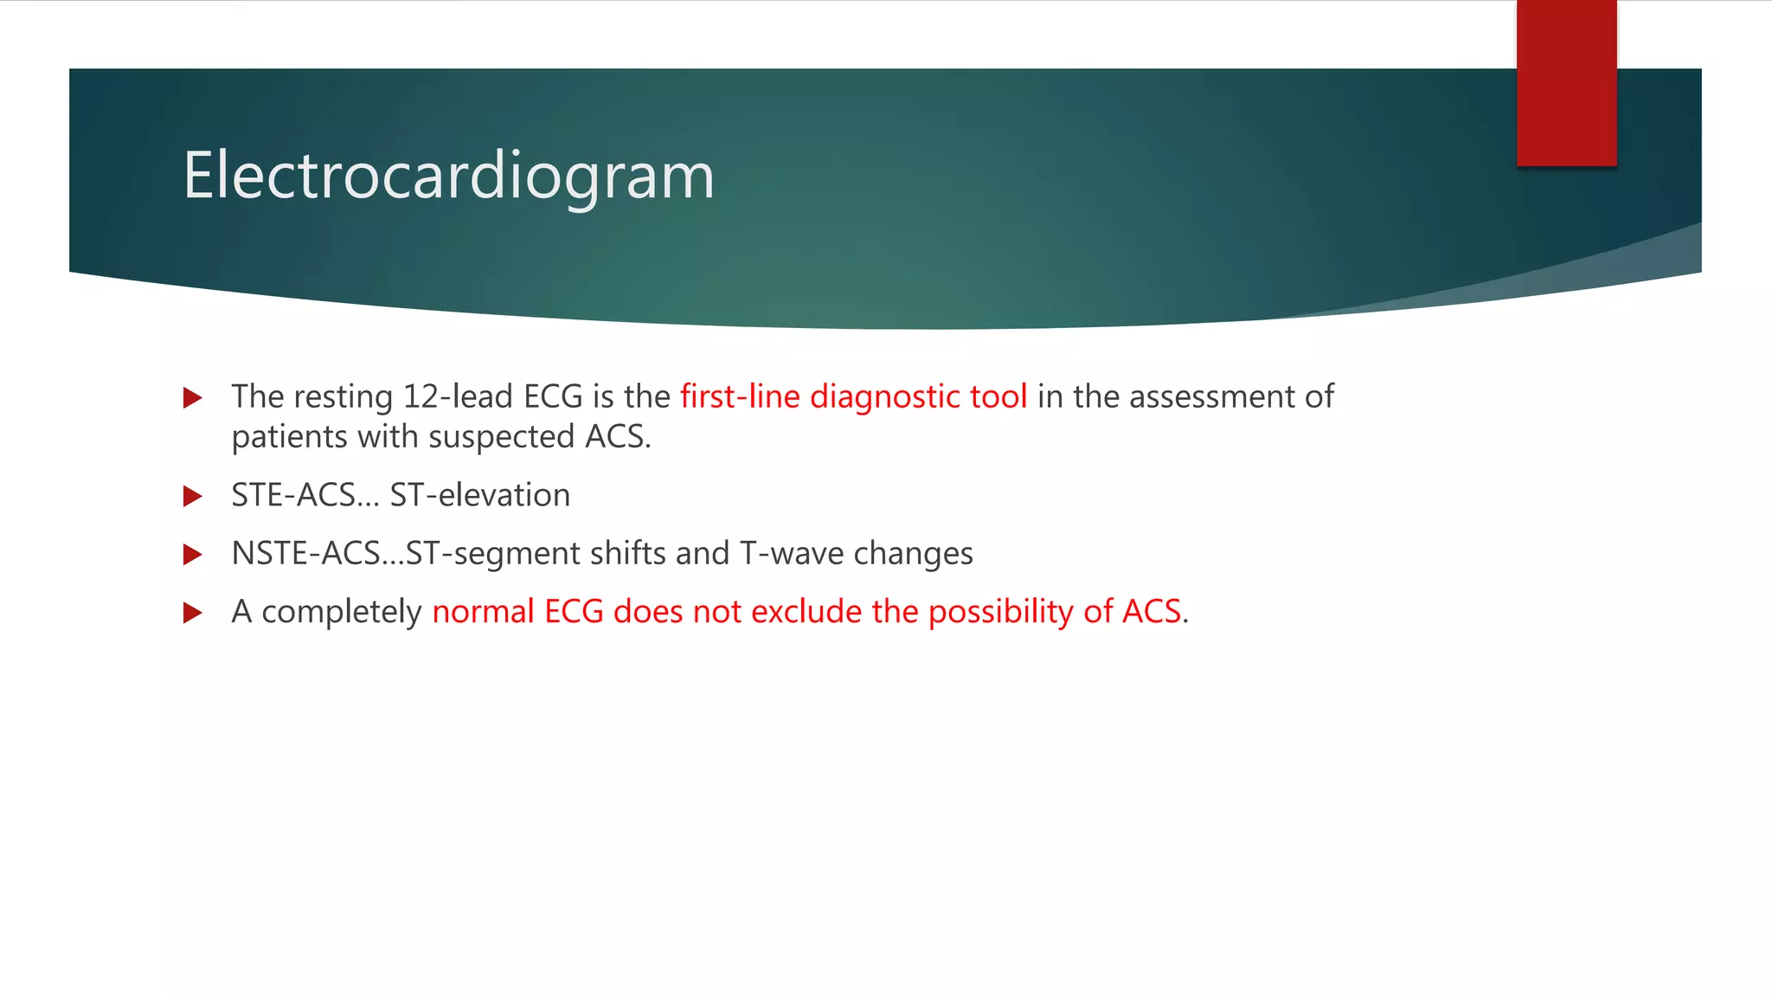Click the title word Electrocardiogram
tap(448, 176)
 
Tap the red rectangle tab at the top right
tap(1566, 82)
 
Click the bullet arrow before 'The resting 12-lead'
tap(193, 398)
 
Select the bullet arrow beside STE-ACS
tap(193, 497)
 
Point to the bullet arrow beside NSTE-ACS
tap(193, 555)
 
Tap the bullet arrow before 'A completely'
tap(193, 614)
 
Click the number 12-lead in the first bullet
tap(458, 397)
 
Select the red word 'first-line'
tap(740, 397)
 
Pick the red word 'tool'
tap(998, 397)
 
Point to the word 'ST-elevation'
tap(479, 495)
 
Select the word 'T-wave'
tap(792, 553)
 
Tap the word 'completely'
tap(341, 612)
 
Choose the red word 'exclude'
tap(806, 612)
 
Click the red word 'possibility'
tap(1000, 612)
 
